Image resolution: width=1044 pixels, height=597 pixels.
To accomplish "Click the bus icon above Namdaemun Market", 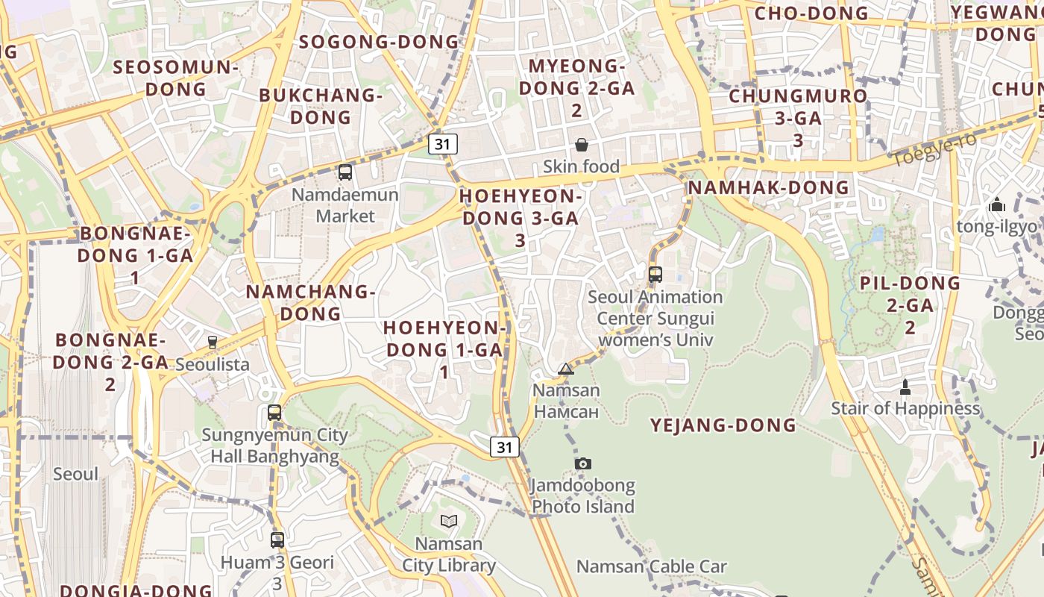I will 345,172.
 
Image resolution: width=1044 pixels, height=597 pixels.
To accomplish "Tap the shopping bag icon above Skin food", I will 581,145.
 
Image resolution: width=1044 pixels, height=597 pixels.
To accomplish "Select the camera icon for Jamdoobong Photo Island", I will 583,463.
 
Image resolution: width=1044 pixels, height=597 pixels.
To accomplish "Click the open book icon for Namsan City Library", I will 448,521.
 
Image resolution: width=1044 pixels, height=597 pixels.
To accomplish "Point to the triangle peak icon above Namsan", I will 566,369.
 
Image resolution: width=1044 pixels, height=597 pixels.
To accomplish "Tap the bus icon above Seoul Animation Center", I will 655,274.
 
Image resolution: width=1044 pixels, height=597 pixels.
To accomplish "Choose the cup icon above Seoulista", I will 213,343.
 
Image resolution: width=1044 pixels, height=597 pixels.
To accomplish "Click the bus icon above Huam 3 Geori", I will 277,540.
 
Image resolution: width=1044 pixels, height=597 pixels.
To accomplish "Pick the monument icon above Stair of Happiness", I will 905,387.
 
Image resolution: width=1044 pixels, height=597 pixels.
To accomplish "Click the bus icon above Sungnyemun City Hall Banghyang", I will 274,413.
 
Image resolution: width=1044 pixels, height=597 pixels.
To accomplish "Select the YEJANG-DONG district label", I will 723,425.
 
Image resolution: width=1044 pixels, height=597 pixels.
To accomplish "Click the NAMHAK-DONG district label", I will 768,187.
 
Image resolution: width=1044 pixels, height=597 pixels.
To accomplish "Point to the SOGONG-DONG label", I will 379,42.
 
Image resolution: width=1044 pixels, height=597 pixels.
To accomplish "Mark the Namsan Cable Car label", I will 651,566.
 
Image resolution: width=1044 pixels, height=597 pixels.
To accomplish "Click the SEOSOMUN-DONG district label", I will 176,78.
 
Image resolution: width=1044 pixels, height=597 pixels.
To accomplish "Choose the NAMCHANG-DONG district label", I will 310,302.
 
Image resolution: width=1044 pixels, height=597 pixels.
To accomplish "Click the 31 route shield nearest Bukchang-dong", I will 442,144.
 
